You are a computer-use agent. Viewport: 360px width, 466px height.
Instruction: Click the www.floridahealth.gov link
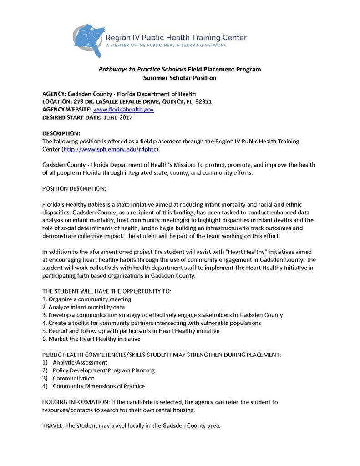click(123, 110)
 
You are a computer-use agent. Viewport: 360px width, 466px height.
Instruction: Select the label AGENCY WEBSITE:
click(67, 110)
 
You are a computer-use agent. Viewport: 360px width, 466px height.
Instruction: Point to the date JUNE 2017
click(118, 117)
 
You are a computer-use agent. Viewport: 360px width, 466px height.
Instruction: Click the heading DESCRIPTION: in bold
click(61, 133)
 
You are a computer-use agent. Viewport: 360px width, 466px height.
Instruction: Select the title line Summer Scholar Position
click(180, 78)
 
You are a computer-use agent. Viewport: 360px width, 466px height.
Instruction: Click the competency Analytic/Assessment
click(80, 362)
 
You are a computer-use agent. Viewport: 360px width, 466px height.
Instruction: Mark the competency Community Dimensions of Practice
click(99, 386)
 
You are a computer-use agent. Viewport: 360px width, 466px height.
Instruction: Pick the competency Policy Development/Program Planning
click(104, 370)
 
